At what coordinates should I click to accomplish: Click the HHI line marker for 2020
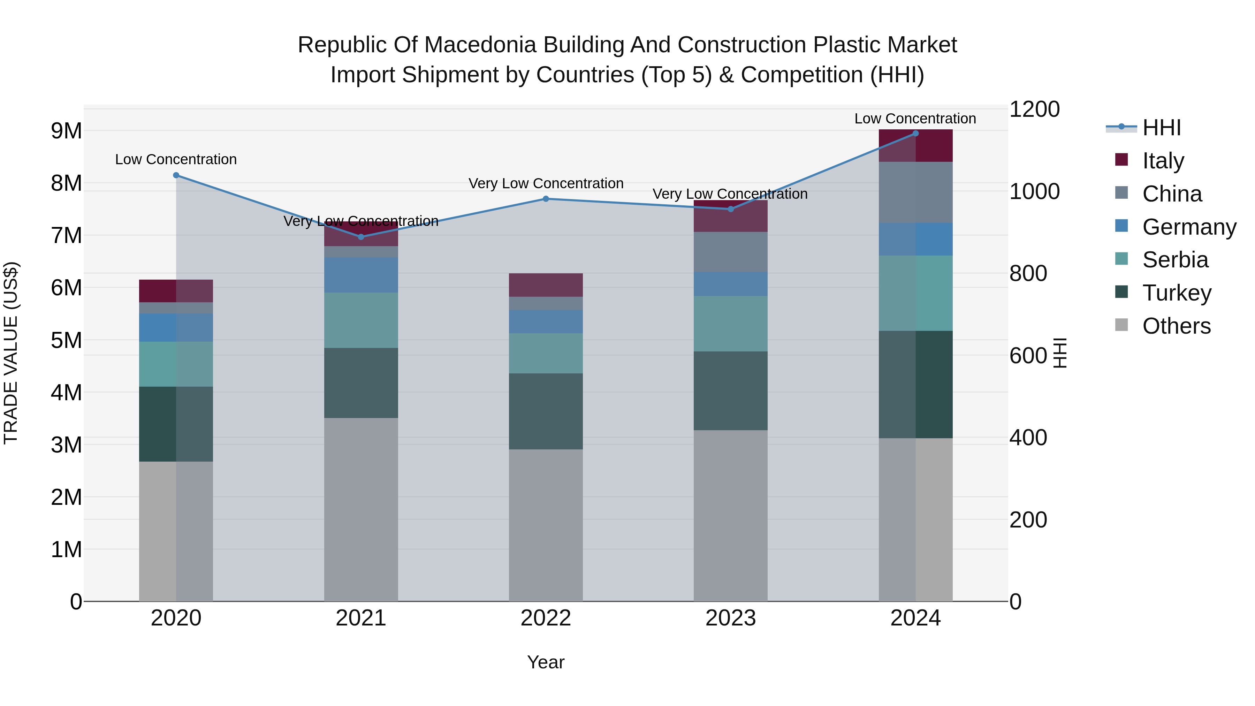(x=176, y=175)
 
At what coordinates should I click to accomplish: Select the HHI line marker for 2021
(x=361, y=237)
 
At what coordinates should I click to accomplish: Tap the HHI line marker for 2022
(x=546, y=199)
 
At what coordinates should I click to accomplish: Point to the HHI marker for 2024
(x=915, y=134)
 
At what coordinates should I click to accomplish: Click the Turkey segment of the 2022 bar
(x=546, y=411)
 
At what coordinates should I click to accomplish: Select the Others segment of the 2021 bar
(x=361, y=509)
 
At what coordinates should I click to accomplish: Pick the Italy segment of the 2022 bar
(x=546, y=285)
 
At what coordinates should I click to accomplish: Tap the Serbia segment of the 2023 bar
(x=730, y=324)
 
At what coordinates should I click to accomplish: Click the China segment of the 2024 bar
(x=915, y=192)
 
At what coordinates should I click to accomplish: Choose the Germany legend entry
(x=1189, y=227)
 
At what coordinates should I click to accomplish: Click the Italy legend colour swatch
(x=1121, y=160)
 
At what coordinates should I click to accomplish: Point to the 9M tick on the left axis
(x=66, y=131)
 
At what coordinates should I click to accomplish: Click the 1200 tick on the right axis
(x=1034, y=109)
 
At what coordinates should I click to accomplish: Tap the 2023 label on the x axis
(x=730, y=618)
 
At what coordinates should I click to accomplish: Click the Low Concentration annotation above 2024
(x=915, y=119)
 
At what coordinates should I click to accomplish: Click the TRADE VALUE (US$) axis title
(x=11, y=353)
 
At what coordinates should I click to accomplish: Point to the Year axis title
(x=546, y=662)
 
